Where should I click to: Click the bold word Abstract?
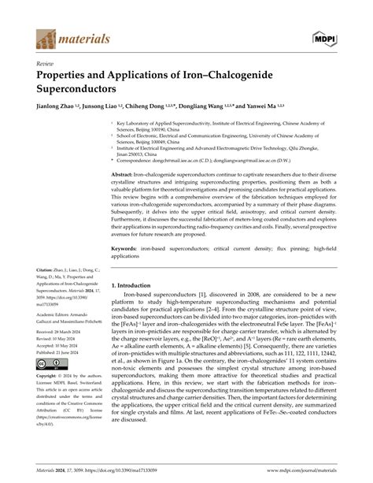[125, 195]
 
